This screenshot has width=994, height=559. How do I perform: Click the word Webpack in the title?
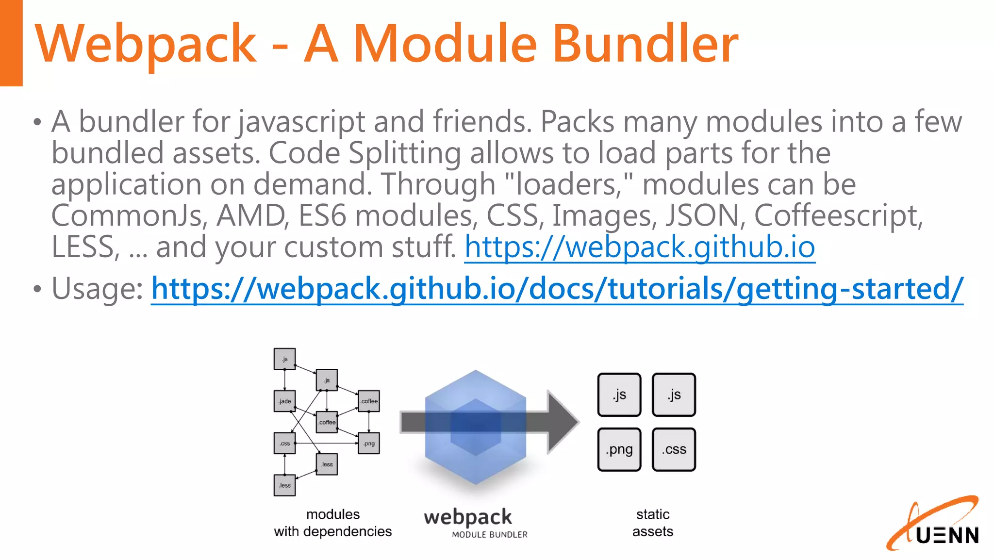146,45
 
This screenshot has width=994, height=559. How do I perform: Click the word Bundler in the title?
646,45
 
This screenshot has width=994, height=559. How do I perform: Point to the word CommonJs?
129,216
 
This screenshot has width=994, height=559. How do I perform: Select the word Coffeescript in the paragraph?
838,216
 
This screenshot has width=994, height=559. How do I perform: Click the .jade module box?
284,401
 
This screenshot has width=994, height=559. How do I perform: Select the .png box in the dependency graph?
369,443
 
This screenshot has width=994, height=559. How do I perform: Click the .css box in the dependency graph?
284,443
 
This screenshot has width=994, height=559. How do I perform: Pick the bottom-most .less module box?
284,485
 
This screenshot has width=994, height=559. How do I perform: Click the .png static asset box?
619,449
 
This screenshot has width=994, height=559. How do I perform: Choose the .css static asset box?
674,449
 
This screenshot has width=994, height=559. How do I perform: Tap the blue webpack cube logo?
475,427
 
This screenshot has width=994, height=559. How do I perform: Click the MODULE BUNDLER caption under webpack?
489,535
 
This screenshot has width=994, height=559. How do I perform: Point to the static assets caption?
652,523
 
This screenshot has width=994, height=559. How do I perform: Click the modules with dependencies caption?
332,523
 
